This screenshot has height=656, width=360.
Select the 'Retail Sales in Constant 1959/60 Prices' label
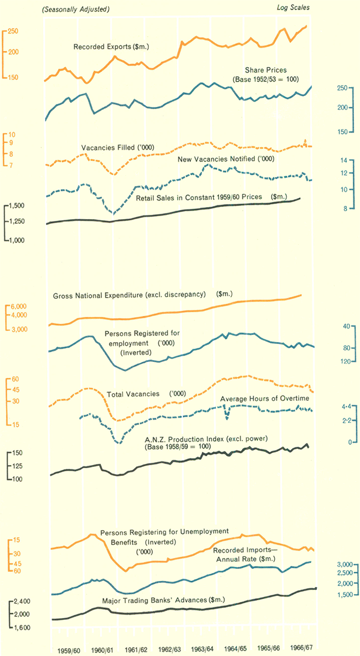[201, 197]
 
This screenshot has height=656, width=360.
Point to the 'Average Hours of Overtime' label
[264, 399]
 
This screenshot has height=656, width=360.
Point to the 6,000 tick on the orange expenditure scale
[19, 306]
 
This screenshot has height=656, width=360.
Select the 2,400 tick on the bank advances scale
[22, 601]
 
